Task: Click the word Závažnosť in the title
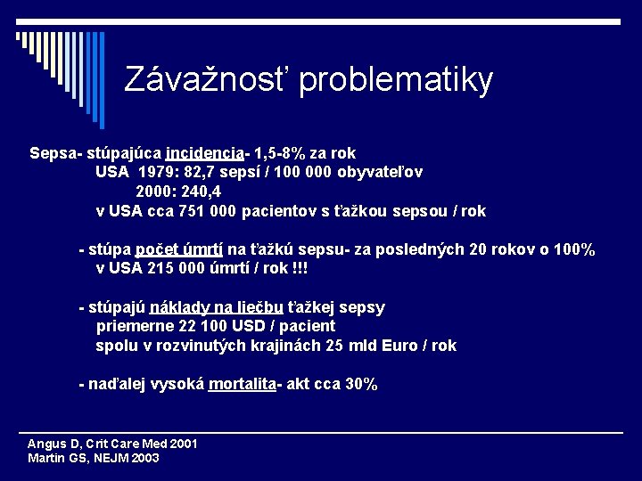pos(207,80)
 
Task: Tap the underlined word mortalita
pos(242,385)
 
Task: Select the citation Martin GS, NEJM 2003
pos(94,459)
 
